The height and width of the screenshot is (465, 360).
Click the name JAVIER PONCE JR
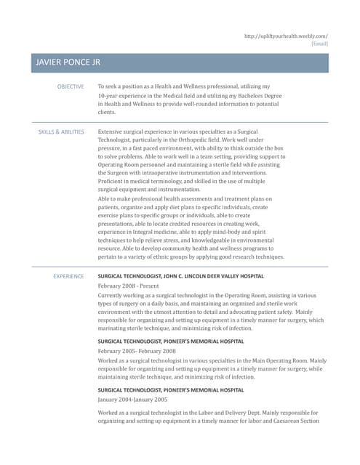click(x=68, y=63)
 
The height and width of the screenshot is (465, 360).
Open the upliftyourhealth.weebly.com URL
click(x=286, y=36)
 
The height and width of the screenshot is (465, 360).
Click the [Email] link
click(x=319, y=44)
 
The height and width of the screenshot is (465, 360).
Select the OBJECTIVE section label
click(x=71, y=86)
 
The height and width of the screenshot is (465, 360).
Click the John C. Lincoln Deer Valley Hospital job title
click(x=180, y=277)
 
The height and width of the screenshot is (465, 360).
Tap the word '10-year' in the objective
click(x=109, y=95)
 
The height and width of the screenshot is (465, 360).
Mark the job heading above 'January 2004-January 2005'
click(x=170, y=390)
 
